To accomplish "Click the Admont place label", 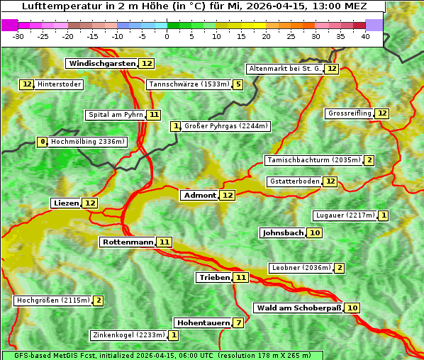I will point(199,196).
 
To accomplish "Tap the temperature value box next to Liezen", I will point(90,203).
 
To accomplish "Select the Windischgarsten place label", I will point(102,64).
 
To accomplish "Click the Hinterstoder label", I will point(60,85).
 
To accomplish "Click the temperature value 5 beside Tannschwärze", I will point(238,85).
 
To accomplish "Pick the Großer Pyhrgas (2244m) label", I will point(225,126).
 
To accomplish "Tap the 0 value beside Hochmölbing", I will point(43,142).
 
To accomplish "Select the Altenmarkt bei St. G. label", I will point(284,69).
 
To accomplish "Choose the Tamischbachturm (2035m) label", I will point(313,160).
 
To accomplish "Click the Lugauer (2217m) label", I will point(345,215).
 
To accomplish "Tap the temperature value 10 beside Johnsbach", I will point(315,233).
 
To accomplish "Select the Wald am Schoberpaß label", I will point(298,308).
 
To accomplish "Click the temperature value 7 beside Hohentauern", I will point(239,323).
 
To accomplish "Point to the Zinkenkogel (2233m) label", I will point(128,335).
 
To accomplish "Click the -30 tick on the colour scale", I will point(18,36).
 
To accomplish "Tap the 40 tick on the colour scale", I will point(365,36).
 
